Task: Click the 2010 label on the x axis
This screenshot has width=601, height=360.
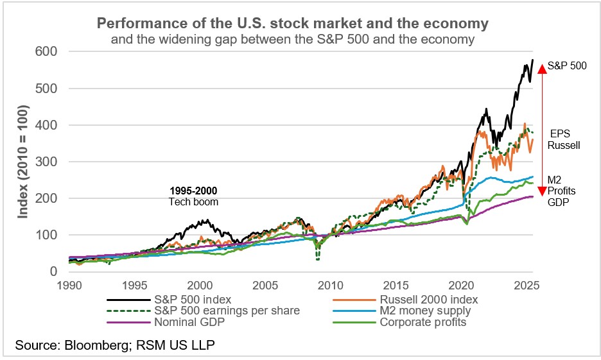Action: click(329, 285)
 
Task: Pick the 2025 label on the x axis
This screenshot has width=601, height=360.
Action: click(525, 285)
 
